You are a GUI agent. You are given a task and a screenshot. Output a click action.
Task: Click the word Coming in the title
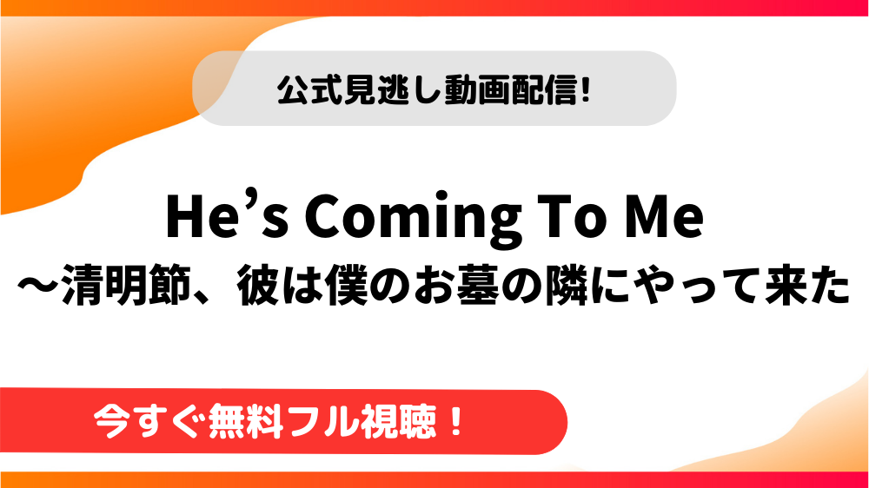point(414,218)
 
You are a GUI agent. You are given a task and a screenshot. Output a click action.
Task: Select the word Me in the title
point(662,216)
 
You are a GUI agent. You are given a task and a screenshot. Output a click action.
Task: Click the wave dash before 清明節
point(38,287)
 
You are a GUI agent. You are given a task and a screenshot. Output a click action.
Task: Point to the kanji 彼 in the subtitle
point(258,286)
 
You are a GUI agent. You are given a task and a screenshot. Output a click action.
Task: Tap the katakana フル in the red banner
point(321,423)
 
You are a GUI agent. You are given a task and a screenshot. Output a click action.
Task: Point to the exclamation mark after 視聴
point(456,422)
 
